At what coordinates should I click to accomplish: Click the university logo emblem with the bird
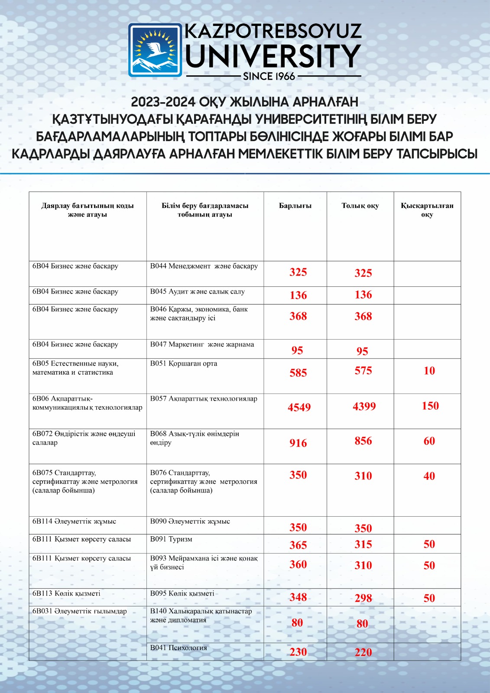pos(155,50)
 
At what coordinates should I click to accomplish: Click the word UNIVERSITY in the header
pos(273,56)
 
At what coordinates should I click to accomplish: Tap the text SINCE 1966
pos(269,77)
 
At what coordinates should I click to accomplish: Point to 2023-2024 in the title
pos(162,102)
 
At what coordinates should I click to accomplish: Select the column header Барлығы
pos(295,206)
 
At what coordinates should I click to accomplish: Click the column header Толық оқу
pos(360,206)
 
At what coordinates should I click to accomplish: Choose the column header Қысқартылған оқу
pos(427,210)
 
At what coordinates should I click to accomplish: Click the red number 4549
pos(299,407)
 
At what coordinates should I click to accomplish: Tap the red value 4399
pos(364,406)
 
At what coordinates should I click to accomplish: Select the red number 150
pos(430,406)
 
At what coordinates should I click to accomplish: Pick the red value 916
pos(298,443)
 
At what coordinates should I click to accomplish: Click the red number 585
pos(298,373)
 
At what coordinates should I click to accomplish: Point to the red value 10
pos(429,371)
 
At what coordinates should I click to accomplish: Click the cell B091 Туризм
pos(171,539)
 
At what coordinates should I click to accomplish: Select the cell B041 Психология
pos(178,648)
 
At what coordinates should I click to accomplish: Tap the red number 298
pos(363,598)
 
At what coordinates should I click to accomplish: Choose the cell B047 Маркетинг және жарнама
pos(202,345)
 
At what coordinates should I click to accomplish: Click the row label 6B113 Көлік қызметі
pos(66,593)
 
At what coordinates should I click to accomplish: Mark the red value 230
pos(298,652)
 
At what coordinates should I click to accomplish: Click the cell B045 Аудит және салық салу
pos(197,292)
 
